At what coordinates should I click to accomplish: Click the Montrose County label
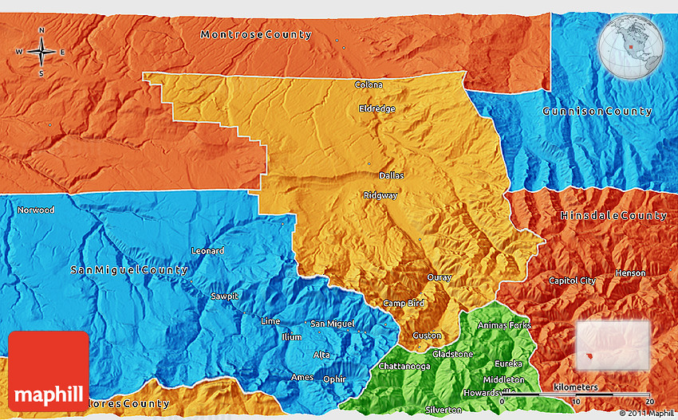256,34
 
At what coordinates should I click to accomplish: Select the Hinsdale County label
613,216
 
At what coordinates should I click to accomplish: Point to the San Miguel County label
129,270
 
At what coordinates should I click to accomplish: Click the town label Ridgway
380,195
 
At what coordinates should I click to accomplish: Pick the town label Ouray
440,278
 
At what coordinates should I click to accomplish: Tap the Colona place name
369,84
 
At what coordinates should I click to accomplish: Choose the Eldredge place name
376,108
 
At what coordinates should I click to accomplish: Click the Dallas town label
391,175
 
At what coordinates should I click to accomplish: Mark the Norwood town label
36,210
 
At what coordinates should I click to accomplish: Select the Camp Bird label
403,304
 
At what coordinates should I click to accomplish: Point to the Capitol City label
572,281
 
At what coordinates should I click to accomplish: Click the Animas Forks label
503,325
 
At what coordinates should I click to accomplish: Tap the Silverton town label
443,410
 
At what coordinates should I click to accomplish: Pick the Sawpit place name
225,296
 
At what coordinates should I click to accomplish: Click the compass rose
41,53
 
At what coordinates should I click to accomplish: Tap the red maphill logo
49,371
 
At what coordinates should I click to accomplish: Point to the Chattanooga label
404,367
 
